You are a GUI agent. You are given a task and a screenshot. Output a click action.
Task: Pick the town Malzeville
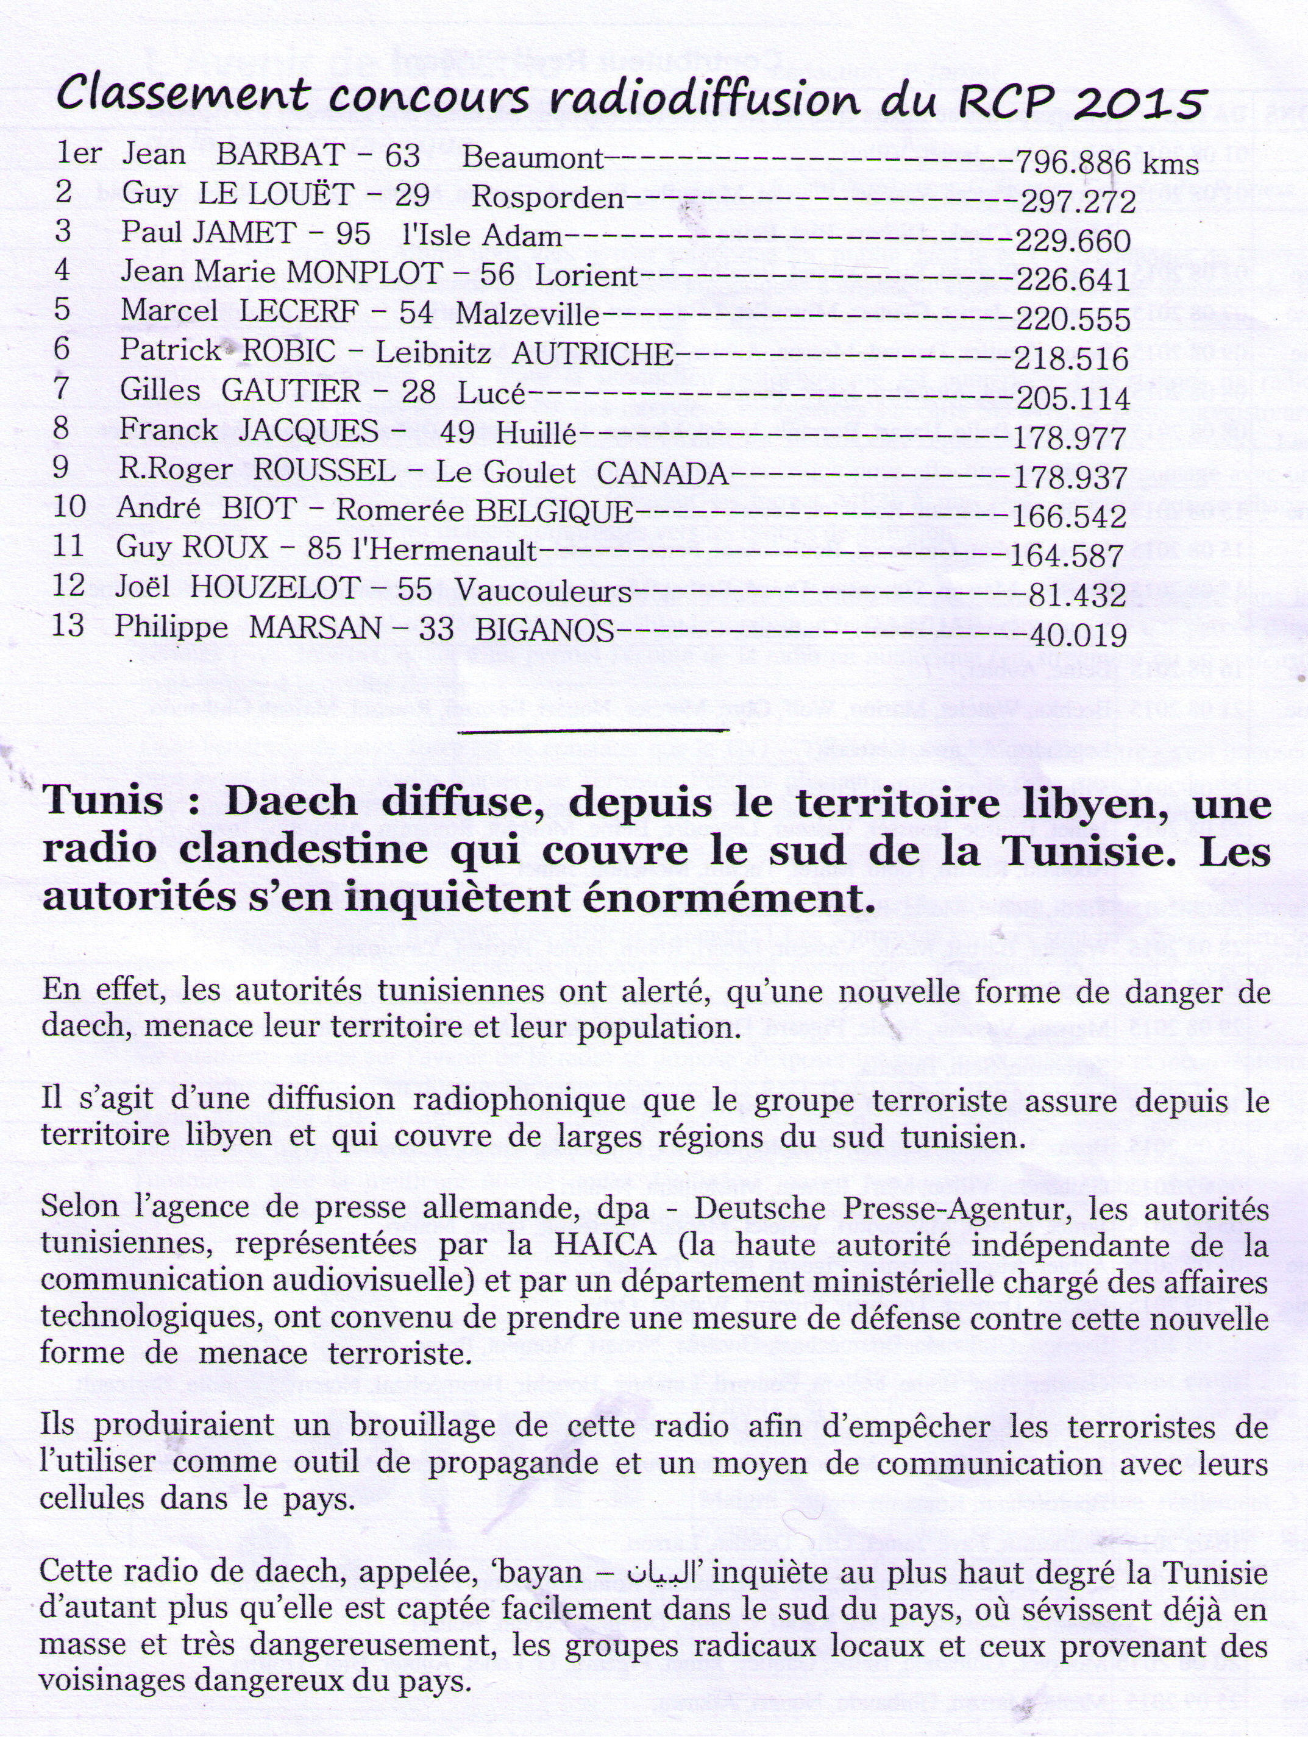(527, 314)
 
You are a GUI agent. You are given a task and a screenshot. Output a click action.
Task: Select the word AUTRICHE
(592, 353)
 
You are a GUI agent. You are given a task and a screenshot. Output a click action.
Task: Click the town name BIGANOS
(544, 630)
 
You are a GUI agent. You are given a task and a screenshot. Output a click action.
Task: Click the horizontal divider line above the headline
(593, 731)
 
